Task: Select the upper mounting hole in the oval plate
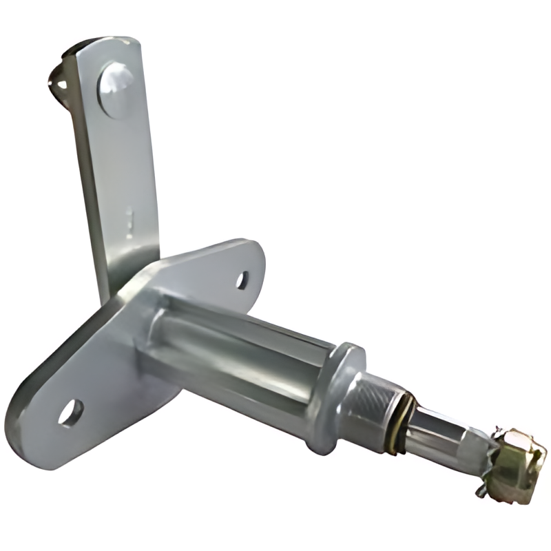242,279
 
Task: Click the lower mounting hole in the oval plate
70,411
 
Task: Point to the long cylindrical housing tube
241,344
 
